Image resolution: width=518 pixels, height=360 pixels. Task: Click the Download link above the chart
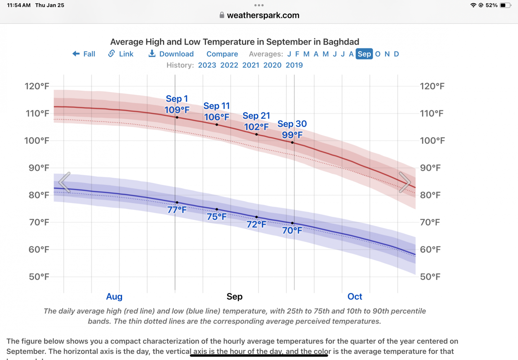[171, 54]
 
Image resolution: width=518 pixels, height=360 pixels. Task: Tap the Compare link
[222, 54]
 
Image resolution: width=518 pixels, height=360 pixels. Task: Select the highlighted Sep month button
[364, 54]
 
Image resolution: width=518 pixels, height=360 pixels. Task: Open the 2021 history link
[251, 65]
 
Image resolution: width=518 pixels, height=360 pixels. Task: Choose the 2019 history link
[294, 65]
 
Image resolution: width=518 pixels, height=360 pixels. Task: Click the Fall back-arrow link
[84, 54]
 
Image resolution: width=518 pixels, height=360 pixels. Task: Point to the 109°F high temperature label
[177, 110]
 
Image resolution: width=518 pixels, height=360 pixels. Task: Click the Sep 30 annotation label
[292, 124]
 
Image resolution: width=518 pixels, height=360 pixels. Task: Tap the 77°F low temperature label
[177, 210]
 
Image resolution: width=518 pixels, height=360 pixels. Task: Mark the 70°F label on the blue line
[292, 231]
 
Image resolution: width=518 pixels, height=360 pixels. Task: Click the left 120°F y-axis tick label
[37, 86]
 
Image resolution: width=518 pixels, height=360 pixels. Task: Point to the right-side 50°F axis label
[430, 277]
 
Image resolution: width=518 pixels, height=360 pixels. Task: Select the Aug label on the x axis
[114, 297]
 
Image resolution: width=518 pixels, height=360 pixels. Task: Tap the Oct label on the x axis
[355, 297]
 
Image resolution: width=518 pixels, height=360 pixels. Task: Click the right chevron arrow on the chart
[405, 182]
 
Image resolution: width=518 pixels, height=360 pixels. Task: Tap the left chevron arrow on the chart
[65, 182]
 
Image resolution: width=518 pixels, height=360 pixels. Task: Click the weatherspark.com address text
[263, 15]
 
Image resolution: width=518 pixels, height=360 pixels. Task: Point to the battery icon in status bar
[505, 5]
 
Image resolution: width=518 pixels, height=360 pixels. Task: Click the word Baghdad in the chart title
[341, 42]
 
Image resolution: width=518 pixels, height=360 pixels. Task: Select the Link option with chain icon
[121, 54]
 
